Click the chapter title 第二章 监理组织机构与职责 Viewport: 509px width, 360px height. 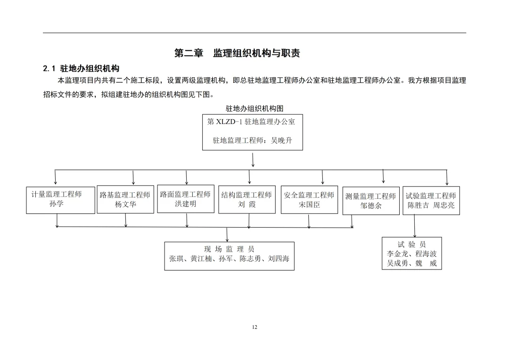pyautogui.click(x=237, y=53)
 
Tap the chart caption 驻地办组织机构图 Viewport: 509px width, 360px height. pyautogui.click(x=254, y=109)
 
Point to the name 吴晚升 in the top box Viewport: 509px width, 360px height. pyautogui.click(x=281, y=140)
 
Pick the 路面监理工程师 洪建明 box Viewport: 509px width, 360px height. pyautogui.click(x=185, y=199)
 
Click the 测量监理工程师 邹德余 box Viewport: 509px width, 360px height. pyautogui.click(x=371, y=201)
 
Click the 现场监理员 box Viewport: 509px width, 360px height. pyautogui.click(x=229, y=255)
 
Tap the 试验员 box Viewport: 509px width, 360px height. pyautogui.click(x=411, y=254)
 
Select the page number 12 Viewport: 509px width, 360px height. pyautogui.click(x=255, y=327)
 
